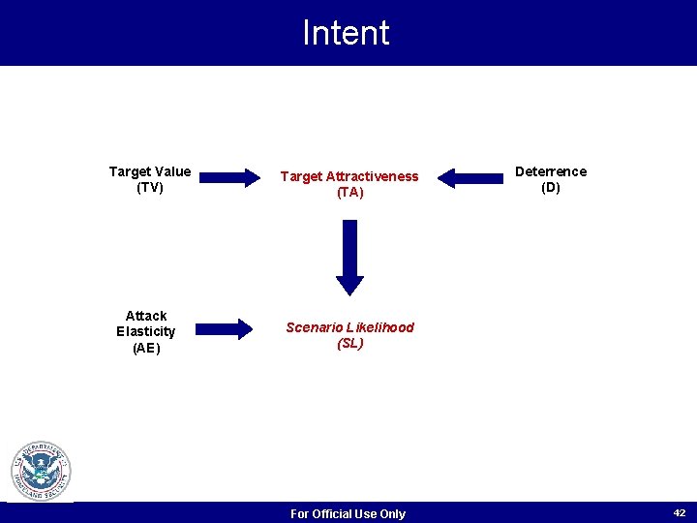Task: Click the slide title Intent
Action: (x=346, y=33)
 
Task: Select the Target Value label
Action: (x=149, y=172)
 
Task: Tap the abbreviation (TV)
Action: (x=150, y=188)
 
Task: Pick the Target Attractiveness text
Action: (x=349, y=176)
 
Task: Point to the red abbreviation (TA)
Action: (x=349, y=193)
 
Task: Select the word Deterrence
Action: (x=550, y=171)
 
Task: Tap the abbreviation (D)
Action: (x=550, y=188)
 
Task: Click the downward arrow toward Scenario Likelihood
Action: (x=349, y=254)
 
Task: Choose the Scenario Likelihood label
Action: (x=349, y=327)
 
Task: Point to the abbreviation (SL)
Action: (x=349, y=343)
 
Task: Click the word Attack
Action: (x=146, y=316)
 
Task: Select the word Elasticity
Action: (x=146, y=331)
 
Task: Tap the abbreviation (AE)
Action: (x=146, y=348)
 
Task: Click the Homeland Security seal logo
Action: (x=41, y=472)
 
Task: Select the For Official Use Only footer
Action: (x=348, y=513)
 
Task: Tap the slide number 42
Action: (x=680, y=512)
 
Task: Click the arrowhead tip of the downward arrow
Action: (x=349, y=292)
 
